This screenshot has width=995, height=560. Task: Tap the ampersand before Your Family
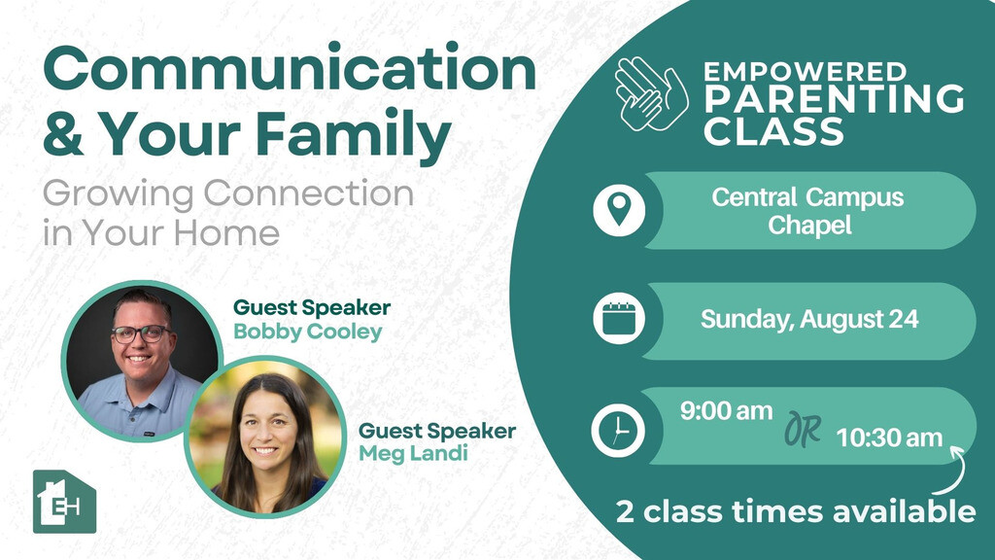(x=63, y=133)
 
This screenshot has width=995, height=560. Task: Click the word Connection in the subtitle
(x=309, y=193)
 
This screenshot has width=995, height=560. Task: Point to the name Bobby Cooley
(x=308, y=332)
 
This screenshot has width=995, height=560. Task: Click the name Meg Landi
(x=413, y=453)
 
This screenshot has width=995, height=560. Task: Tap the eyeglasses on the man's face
(x=141, y=333)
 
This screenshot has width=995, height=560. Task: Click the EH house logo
(x=64, y=502)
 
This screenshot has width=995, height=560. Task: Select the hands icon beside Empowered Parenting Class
(x=650, y=94)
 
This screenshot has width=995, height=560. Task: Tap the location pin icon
(x=619, y=210)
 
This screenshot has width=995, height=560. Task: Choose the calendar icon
(x=619, y=318)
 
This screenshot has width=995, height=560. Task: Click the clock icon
(x=618, y=430)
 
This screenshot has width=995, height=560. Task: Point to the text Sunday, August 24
(x=809, y=319)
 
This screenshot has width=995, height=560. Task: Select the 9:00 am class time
(x=726, y=411)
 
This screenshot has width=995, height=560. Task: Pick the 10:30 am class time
(x=889, y=437)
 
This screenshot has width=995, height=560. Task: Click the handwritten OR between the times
(x=803, y=429)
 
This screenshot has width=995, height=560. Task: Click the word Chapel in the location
(x=809, y=226)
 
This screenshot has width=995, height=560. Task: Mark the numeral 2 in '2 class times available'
(x=625, y=511)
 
